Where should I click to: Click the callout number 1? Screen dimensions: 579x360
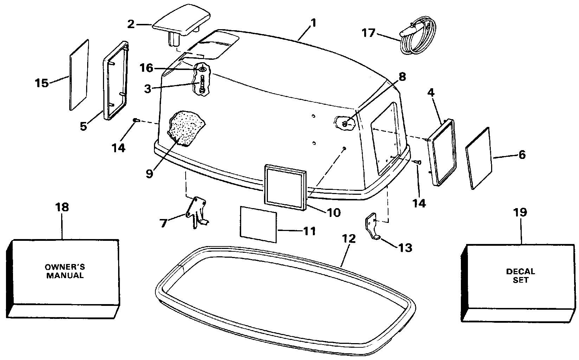(x=313, y=23)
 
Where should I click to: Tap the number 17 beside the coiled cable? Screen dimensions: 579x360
(x=368, y=33)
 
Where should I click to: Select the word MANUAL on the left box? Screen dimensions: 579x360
(x=65, y=276)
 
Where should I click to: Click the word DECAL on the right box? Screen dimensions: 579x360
(x=521, y=272)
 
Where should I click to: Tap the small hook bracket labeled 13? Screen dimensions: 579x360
(x=372, y=226)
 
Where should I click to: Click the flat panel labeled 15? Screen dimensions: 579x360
(x=79, y=75)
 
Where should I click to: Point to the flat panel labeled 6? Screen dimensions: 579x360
(x=478, y=158)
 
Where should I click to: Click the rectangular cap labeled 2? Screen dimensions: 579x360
(x=181, y=21)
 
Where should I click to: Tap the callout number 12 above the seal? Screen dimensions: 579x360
(x=349, y=239)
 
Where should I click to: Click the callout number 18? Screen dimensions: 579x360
(x=62, y=207)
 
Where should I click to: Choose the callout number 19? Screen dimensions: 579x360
(x=520, y=212)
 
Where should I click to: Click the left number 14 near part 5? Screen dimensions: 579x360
(x=118, y=148)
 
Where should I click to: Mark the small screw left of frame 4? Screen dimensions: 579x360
(x=417, y=162)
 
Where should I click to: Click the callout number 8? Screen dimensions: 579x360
(x=402, y=77)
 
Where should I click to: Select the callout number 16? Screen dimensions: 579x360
(x=147, y=68)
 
